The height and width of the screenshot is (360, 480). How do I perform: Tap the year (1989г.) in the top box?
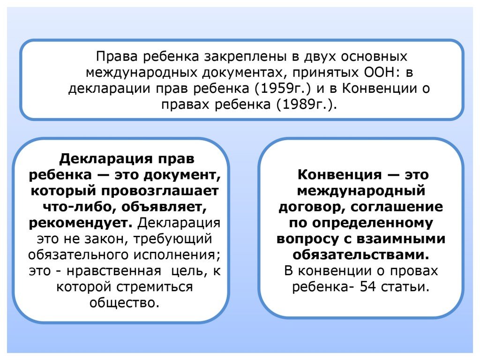coord(307,105)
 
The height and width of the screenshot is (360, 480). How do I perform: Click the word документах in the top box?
coord(245,73)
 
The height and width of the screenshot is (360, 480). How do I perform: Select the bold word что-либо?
coord(78,207)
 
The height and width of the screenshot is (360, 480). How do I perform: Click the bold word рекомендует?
coord(81,223)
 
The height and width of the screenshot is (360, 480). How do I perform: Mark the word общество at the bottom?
coord(124,303)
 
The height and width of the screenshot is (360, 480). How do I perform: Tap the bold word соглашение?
coord(397,207)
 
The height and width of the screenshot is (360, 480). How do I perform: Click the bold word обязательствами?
coord(361,255)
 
